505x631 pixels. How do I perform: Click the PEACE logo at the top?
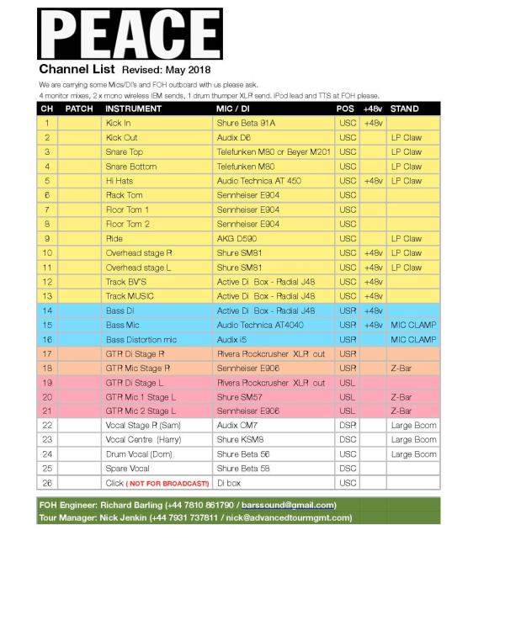[130, 34]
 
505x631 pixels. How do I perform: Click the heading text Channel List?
[77, 69]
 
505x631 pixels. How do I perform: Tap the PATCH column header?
[79, 109]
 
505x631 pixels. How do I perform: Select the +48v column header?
[373, 109]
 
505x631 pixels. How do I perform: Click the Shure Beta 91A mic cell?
[247, 123]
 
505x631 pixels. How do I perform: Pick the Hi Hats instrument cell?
[121, 181]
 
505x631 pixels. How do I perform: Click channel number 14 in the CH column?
[48, 310]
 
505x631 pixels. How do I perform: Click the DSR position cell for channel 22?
[347, 426]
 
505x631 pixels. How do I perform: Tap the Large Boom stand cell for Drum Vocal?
[413, 454]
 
